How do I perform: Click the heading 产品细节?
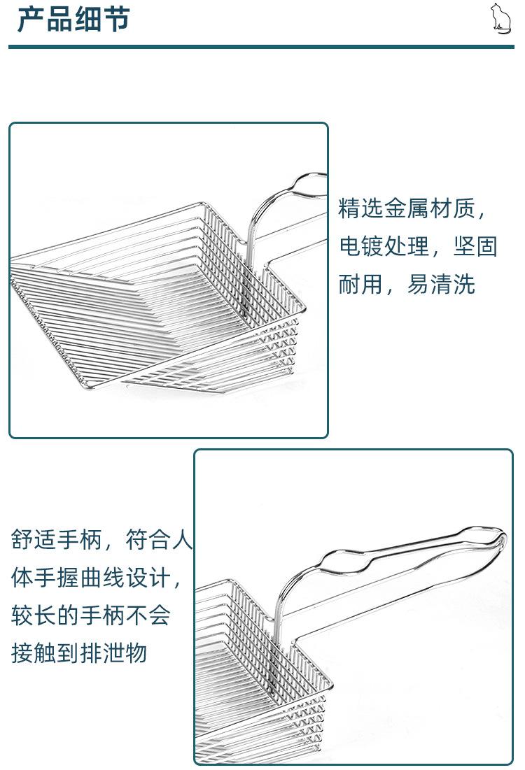click(x=73, y=19)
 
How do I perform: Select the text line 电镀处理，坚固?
click(x=418, y=246)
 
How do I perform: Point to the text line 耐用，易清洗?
click(x=407, y=284)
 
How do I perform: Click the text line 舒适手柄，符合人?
click(x=101, y=541)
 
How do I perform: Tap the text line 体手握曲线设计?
click(x=97, y=578)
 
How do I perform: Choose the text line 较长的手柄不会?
click(x=91, y=615)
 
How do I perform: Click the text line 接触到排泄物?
click(x=79, y=653)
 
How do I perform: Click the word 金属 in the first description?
click(x=407, y=208)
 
